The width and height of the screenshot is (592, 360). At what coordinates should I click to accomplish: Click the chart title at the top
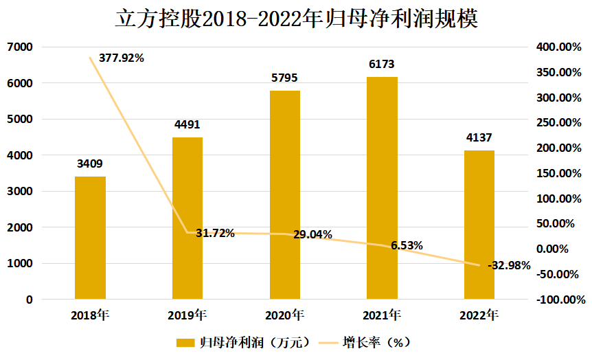pos(296,19)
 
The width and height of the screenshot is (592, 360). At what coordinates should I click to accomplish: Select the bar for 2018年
pos(90,238)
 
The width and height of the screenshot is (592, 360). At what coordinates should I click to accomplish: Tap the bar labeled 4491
pos(187,218)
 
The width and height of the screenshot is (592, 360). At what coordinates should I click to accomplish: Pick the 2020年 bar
pos(285,195)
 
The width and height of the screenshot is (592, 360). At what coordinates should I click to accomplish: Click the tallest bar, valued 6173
pos(382,188)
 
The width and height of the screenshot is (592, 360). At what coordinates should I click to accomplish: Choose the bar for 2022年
pos(479,225)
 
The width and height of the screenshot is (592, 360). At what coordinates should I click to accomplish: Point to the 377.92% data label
pos(121,58)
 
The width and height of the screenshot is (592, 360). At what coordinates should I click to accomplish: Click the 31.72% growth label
pos(215,233)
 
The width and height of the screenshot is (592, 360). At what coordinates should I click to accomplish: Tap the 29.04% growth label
pos(312,235)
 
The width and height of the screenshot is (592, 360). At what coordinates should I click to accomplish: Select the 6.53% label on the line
pos(407,245)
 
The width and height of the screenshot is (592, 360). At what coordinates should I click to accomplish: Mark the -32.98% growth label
pos(509,266)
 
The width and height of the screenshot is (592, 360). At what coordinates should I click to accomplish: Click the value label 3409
pos(90,164)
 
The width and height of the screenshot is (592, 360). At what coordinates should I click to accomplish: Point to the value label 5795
pos(285,78)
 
